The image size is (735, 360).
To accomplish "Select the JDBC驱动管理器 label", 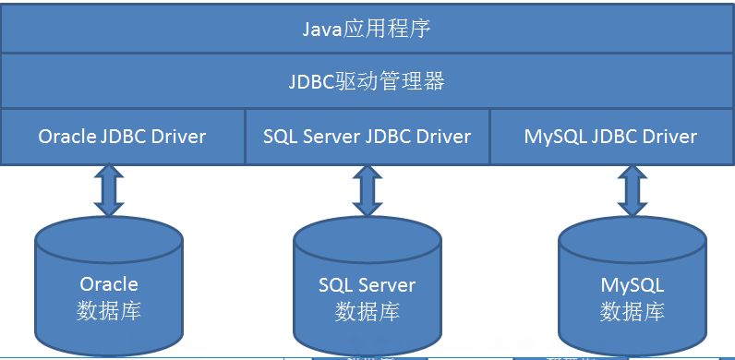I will coord(367,82).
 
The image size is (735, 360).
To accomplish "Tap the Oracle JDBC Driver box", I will coord(122,137).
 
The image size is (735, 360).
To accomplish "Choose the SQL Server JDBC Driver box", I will coord(367,137).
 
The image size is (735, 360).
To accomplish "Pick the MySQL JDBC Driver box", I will coord(610,137).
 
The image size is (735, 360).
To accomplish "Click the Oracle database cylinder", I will coord(109,286).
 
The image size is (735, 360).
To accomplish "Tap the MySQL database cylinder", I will coord(633,286).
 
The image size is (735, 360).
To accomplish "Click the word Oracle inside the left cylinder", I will coord(109,283).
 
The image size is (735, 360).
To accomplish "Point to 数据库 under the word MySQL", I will coord(633,310).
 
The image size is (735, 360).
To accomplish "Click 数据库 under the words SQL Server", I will coord(367,310).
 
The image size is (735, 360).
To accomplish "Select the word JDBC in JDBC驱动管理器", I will coord(310,82).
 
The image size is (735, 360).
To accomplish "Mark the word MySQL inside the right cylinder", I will coord(633,283).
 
